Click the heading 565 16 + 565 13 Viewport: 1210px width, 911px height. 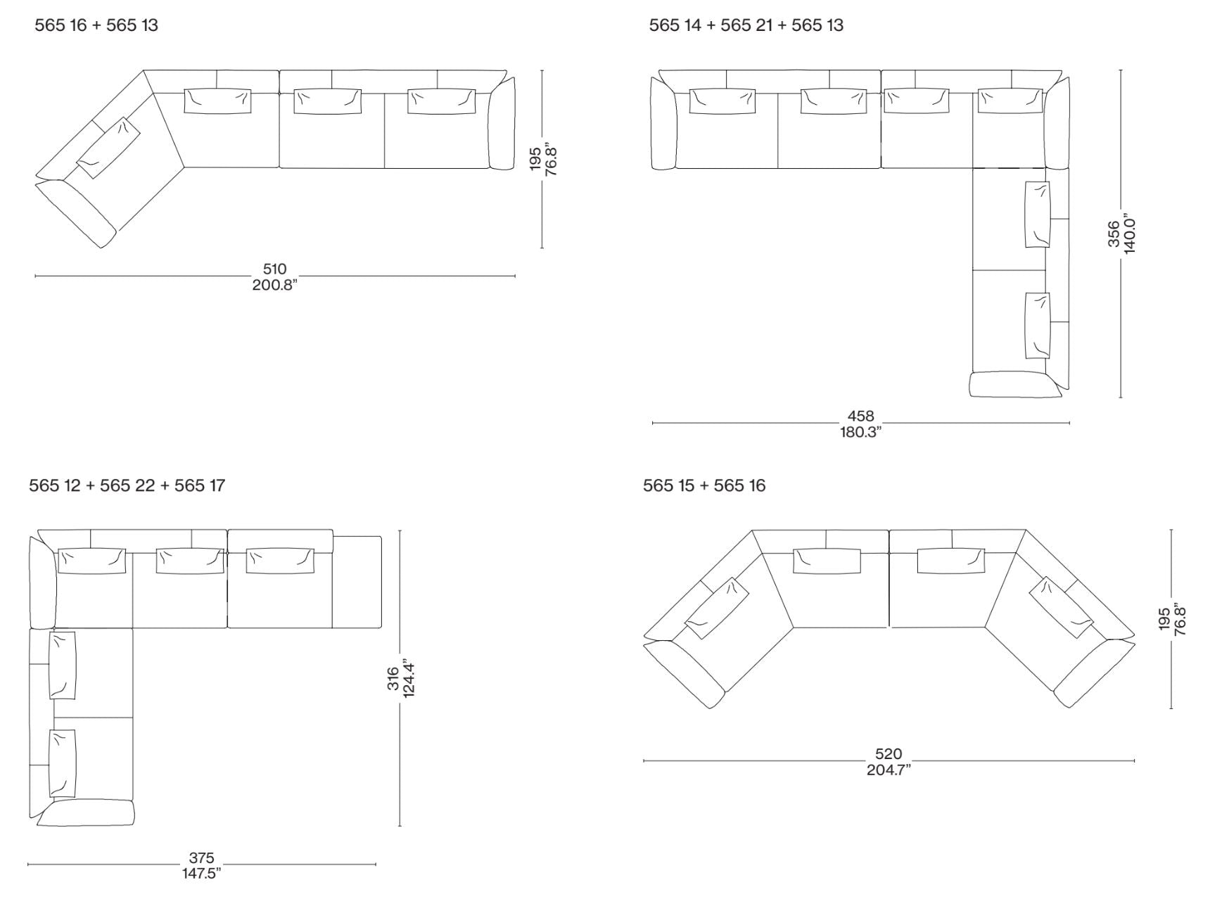pyautogui.click(x=96, y=25)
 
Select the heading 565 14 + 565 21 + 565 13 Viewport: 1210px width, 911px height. pyautogui.click(x=746, y=25)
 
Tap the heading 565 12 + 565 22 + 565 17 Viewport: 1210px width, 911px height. pyautogui.click(x=127, y=485)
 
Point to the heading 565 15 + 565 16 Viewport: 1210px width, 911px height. pyautogui.click(x=704, y=485)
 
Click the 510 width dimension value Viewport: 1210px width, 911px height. pyautogui.click(x=275, y=269)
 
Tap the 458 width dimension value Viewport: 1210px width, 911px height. pyautogui.click(x=860, y=416)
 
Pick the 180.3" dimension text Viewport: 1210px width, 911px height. pyautogui.click(x=860, y=432)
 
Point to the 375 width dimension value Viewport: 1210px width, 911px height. pyautogui.click(x=201, y=858)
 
